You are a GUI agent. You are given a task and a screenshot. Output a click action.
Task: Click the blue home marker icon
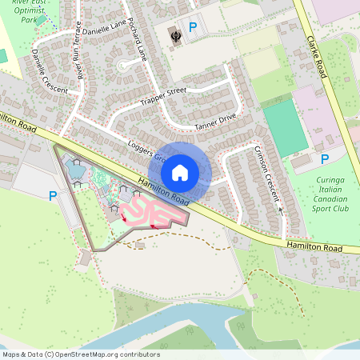[180, 173]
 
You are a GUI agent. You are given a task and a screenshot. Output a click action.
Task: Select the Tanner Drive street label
[215, 121]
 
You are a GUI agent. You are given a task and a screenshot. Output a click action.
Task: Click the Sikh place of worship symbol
[175, 34]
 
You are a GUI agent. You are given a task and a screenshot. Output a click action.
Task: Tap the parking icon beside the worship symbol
[192, 30]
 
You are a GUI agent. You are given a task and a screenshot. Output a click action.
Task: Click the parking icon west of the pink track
[53, 195]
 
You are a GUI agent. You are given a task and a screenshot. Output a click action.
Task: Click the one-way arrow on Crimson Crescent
[281, 210]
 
